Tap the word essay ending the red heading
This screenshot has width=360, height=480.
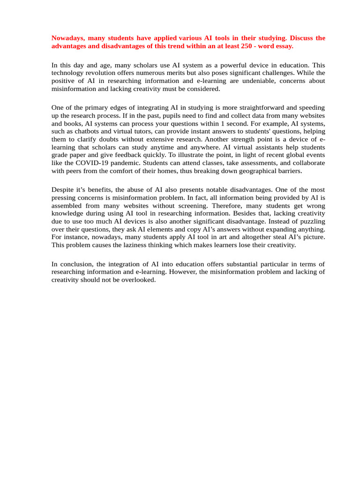click(x=283, y=46)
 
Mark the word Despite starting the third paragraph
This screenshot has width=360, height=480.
click(x=63, y=189)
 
